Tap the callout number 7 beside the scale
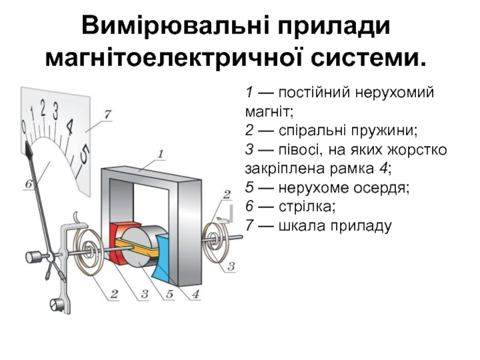click(108, 114)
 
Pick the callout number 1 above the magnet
click(160, 154)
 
